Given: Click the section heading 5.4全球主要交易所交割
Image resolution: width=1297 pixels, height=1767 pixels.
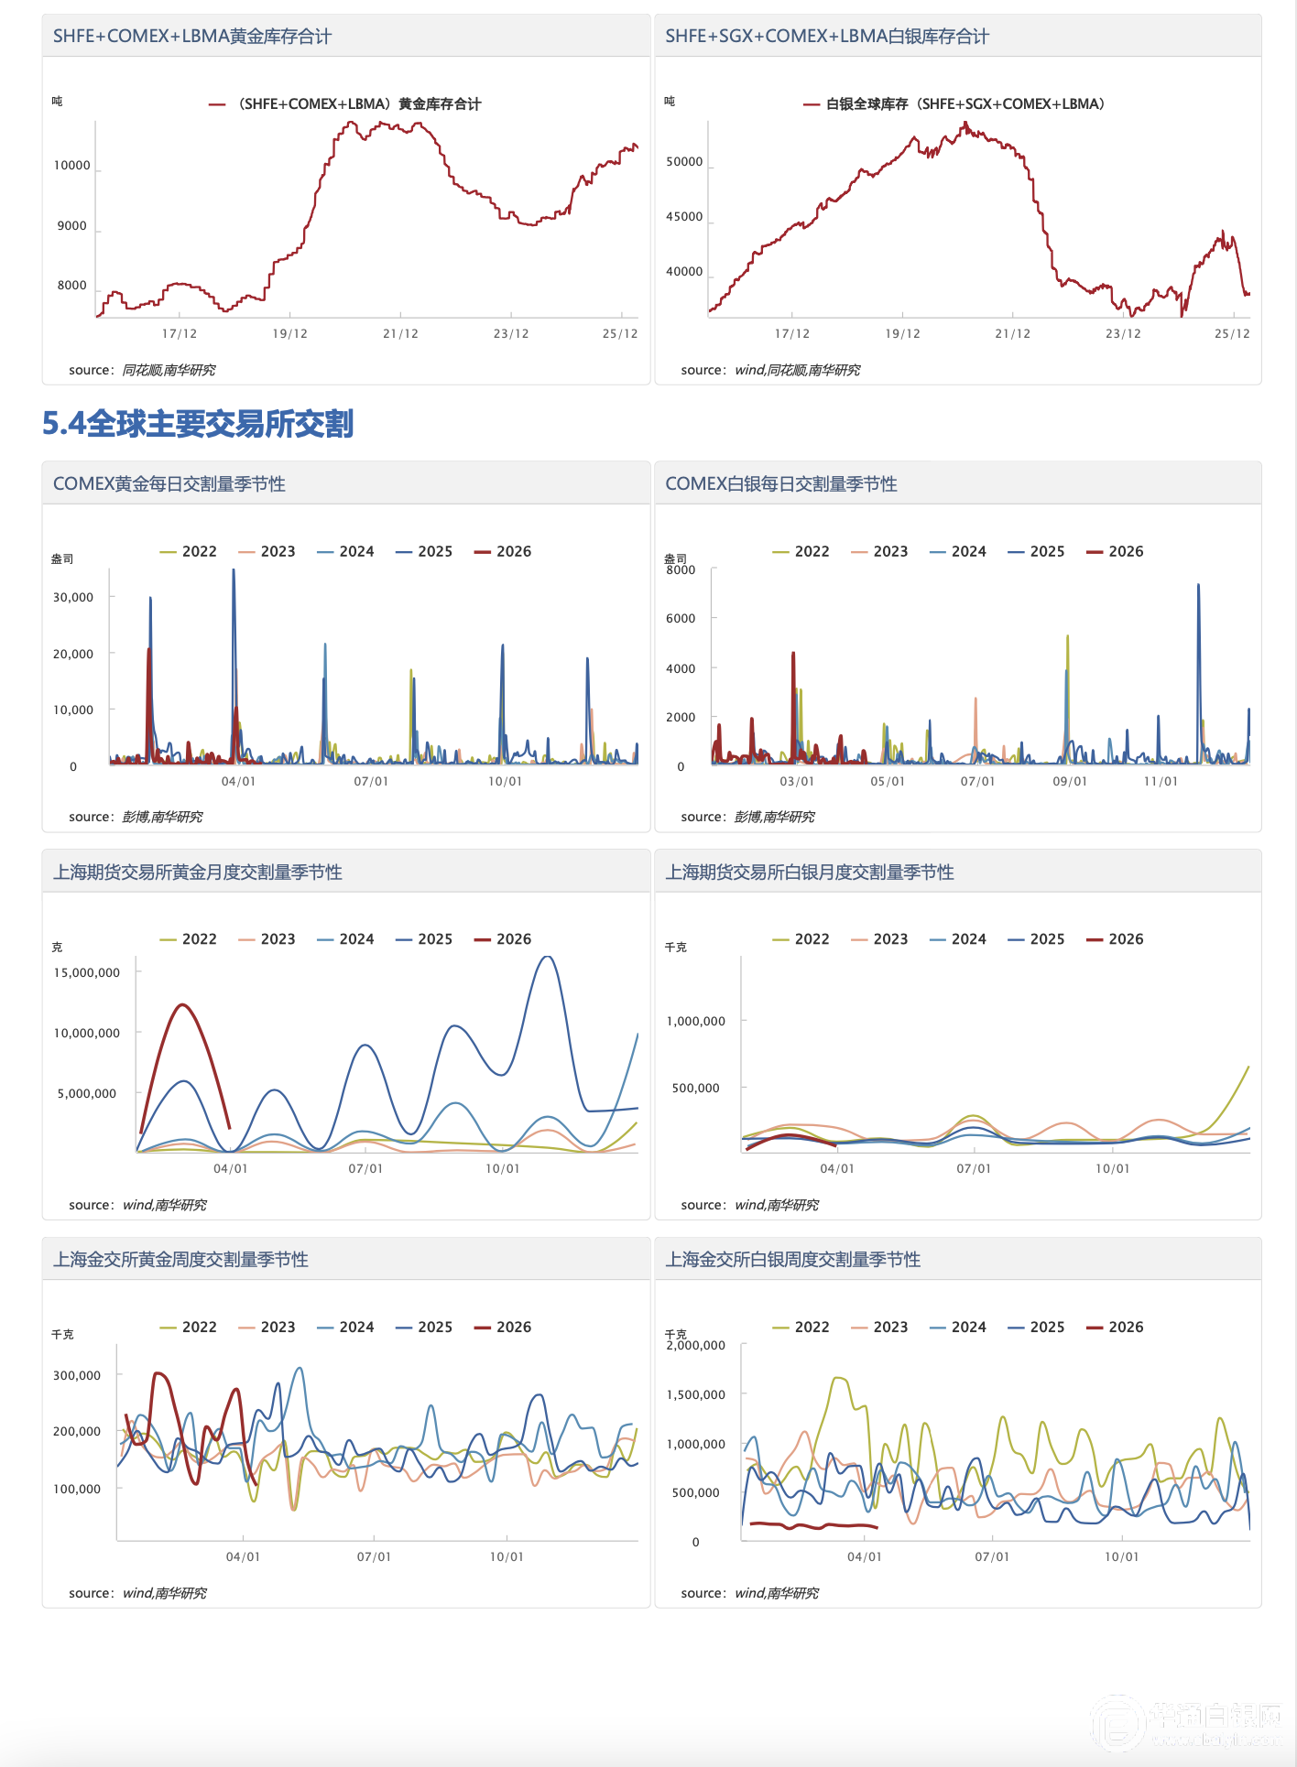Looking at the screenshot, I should [198, 424].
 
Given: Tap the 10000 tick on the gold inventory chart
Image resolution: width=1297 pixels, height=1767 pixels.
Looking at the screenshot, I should [72, 166].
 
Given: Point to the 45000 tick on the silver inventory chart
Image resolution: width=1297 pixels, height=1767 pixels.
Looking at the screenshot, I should [684, 217].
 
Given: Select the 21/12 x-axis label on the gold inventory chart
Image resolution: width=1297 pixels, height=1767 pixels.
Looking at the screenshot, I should [400, 334].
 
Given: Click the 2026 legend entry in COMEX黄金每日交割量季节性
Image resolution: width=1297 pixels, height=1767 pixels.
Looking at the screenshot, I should [503, 551].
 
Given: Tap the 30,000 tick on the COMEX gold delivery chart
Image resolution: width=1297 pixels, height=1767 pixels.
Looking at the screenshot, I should [73, 597].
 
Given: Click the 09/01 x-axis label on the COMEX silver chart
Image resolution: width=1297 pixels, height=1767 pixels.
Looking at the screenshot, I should [1069, 782].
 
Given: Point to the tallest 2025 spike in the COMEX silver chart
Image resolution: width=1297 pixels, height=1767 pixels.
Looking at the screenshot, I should [1198, 586].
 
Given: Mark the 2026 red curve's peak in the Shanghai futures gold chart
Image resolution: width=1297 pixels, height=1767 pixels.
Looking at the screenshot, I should [183, 1005].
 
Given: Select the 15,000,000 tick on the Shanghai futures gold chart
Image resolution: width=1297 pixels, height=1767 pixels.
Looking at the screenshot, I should [87, 972].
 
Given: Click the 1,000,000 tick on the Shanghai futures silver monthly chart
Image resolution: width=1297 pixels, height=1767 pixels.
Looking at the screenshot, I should [696, 1021].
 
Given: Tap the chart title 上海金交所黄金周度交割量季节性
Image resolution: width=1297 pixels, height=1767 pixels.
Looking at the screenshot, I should [180, 1260].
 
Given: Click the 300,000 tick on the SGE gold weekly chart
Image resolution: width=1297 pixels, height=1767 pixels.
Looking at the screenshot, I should [77, 1375].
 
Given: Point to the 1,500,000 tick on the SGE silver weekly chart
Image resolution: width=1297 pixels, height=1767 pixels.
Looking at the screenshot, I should [696, 1394].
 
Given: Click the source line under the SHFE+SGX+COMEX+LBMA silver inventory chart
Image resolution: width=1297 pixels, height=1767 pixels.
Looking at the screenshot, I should [770, 370].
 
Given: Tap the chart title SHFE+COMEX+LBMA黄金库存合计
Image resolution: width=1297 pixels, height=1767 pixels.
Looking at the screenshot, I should [192, 37].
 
